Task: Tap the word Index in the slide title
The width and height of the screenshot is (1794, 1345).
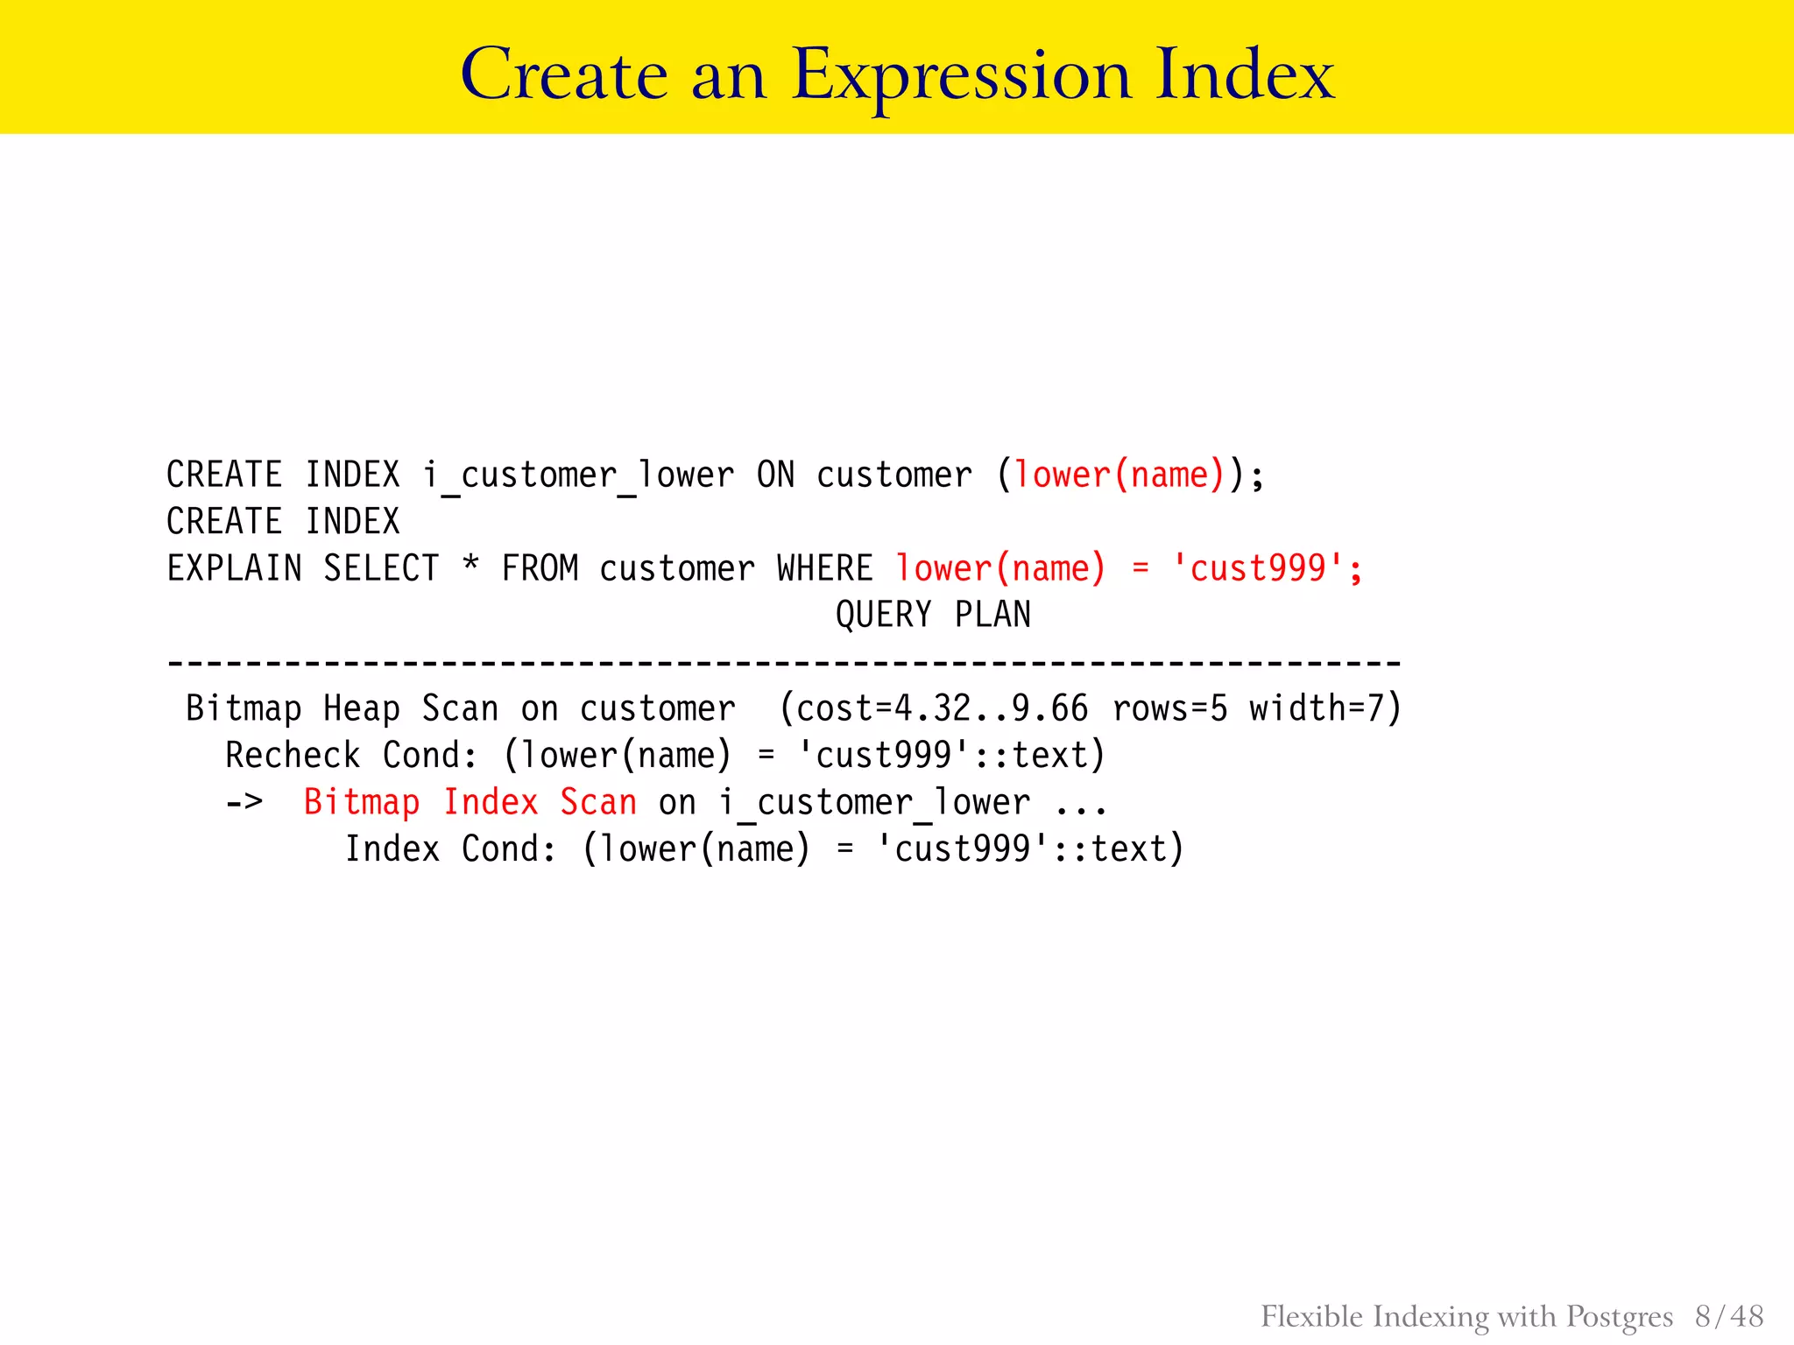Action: pyautogui.click(x=1244, y=75)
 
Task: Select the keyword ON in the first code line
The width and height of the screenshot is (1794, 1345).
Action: pyautogui.click(x=775, y=475)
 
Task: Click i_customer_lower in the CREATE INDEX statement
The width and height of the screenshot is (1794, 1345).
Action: pyautogui.click(x=578, y=475)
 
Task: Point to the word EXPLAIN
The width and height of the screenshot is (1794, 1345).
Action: pyautogui.click(x=234, y=569)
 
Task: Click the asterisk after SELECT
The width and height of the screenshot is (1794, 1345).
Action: pyautogui.click(x=470, y=565)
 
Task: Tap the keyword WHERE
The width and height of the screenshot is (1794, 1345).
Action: pyautogui.click(x=824, y=569)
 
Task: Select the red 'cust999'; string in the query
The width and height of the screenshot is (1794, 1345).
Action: pyautogui.click(x=1267, y=569)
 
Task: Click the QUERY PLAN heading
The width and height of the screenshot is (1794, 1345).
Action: pyautogui.click(x=933, y=616)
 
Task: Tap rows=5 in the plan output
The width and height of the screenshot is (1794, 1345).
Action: pyautogui.click(x=1169, y=709)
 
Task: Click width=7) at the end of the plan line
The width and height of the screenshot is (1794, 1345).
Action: pyautogui.click(x=1325, y=709)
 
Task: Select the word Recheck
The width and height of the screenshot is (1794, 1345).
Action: pyautogui.click(x=293, y=756)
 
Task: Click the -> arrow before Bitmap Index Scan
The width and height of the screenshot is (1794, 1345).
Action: pyautogui.click(x=244, y=802)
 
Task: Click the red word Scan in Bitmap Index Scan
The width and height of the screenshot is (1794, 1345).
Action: pyautogui.click(x=598, y=803)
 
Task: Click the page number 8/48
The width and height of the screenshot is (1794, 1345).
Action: pyautogui.click(x=1729, y=1316)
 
